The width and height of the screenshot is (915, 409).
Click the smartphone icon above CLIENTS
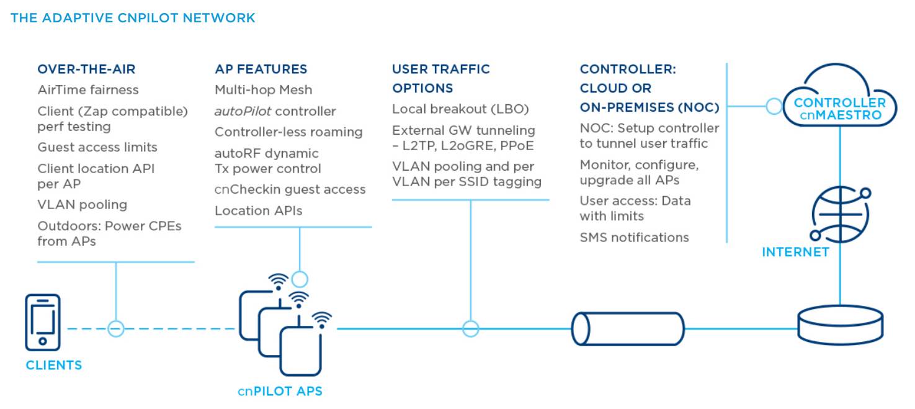tap(42, 323)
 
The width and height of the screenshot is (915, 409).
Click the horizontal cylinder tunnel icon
tap(628, 328)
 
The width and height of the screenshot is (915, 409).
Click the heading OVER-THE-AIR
tap(86, 69)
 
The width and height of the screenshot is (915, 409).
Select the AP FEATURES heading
tap(261, 69)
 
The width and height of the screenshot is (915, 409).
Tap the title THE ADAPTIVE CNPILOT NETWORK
tap(133, 18)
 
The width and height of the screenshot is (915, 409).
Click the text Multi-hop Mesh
tap(263, 90)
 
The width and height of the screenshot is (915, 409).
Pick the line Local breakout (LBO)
tap(460, 109)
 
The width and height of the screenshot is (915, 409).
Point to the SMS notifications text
tap(634, 237)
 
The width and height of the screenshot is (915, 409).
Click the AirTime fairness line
tap(88, 90)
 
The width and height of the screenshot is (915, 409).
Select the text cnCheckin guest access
tap(290, 189)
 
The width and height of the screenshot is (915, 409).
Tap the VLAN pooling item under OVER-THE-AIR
tap(82, 204)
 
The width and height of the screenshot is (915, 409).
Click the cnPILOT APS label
tap(280, 391)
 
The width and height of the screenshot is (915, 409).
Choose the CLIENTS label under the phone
tap(53, 365)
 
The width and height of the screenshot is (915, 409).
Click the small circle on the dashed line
tap(116, 328)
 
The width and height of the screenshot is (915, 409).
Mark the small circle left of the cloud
tap(774, 106)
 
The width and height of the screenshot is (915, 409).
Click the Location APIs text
tap(258, 210)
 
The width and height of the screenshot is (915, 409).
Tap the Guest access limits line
tap(97, 147)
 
